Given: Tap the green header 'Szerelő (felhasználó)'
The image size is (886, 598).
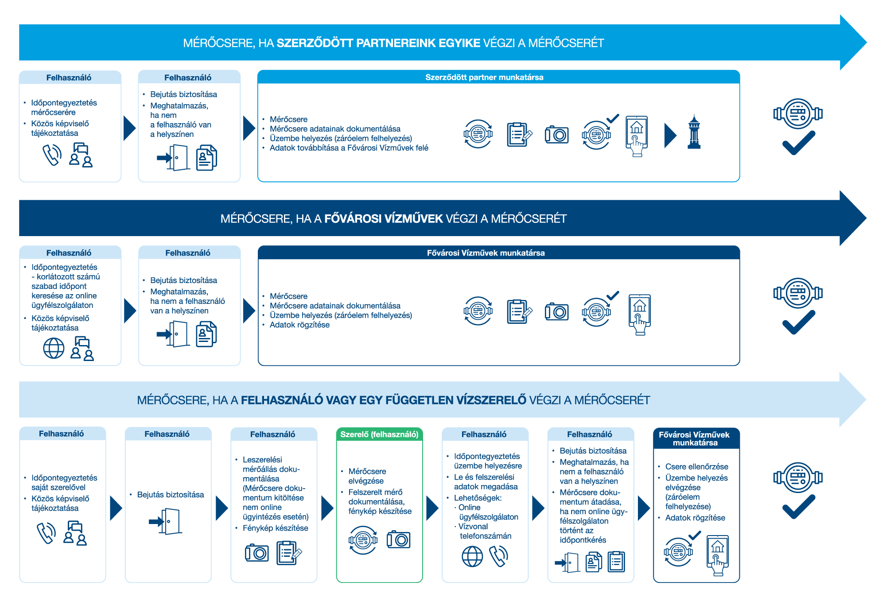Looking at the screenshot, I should tap(379, 435).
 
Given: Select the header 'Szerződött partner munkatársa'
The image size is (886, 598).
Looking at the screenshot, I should tap(484, 78).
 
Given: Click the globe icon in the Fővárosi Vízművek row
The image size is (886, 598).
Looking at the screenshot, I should tap(54, 348).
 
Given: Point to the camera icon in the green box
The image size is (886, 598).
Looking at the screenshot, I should tap(398, 540).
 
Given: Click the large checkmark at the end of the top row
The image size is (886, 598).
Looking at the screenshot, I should tap(798, 143).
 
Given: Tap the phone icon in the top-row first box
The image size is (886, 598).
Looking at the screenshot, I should tap(52, 155).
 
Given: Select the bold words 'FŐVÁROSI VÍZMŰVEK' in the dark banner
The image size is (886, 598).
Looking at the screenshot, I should tap(383, 219).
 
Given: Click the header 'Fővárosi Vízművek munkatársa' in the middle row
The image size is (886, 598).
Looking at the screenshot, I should tap(486, 253).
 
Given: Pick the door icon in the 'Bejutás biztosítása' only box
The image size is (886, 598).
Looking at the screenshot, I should tap(167, 522).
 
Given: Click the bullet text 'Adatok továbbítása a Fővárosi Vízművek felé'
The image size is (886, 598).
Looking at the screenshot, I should tap(349, 148).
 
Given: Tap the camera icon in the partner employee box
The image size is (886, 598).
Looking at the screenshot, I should tap(556, 134).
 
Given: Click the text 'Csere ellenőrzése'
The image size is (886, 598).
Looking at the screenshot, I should tap(696, 467).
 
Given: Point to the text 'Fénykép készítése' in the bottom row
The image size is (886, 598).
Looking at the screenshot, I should tap(275, 528).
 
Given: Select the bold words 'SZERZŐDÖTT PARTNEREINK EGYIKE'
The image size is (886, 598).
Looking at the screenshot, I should tap(378, 43).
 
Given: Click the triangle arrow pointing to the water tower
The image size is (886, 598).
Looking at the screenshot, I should tap(670, 135).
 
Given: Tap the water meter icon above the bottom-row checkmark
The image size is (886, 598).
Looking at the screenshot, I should tap(798, 478).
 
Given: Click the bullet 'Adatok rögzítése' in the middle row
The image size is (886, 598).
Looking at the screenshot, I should tap(299, 325).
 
